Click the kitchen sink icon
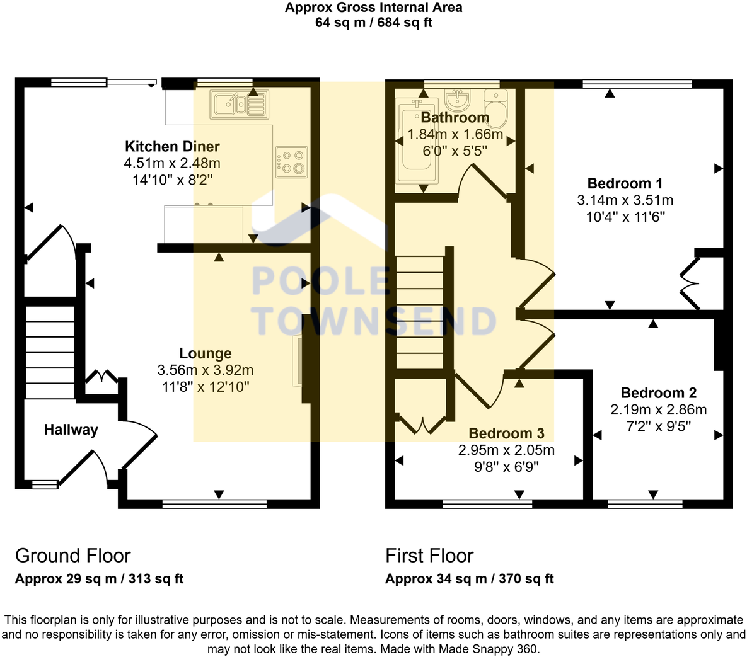point(240,104)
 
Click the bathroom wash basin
point(457,100)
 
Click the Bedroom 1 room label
point(625,184)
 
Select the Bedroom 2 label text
point(658,393)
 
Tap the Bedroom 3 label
point(506,433)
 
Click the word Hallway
point(71,430)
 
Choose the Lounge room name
point(206,353)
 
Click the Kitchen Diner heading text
point(172,147)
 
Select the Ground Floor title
point(72,556)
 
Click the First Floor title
point(429,556)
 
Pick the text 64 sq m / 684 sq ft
point(373,23)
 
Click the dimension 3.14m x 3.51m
point(625,200)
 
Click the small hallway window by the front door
point(45,484)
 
